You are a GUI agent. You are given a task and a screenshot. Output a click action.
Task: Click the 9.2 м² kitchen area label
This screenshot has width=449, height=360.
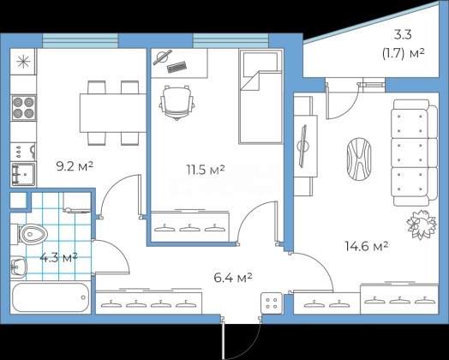75,166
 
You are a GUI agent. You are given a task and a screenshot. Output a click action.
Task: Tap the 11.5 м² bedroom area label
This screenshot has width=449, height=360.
206,170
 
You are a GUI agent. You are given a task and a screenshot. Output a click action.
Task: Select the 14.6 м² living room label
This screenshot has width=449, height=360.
367,246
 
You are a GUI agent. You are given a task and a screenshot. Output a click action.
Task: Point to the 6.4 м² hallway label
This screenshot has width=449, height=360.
233,278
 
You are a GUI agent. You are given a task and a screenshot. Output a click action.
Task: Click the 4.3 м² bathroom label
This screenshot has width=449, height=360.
58,257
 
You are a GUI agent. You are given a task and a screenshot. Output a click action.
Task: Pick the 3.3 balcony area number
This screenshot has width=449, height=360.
403,35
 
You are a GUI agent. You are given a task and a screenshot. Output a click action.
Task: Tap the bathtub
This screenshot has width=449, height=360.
51,297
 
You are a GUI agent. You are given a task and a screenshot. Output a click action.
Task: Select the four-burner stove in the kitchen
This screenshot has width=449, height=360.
23,108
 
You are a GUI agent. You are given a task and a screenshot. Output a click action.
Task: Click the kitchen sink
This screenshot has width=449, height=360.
23,174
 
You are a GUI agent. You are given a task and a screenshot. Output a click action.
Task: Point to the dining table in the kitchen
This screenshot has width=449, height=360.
113,113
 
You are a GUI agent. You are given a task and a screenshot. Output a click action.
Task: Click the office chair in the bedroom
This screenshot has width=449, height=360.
177,103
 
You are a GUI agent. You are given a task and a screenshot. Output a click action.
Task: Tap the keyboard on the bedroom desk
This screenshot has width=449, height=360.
177,67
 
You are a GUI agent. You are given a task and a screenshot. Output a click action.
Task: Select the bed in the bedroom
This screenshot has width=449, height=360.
260,96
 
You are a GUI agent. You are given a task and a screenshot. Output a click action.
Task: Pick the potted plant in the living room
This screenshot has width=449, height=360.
422,224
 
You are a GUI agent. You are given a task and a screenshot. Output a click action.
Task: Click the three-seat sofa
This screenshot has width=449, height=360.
415,153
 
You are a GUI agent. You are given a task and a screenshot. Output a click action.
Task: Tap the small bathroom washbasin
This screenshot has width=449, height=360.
18,267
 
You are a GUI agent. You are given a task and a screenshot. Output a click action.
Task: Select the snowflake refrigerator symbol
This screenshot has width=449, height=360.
23,62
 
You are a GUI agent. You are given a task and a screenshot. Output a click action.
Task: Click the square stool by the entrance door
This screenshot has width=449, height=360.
272,303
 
